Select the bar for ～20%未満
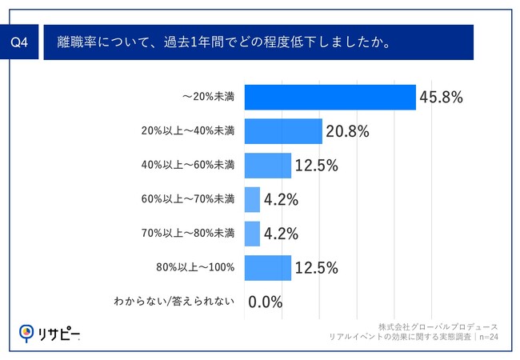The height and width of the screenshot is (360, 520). click(330, 97)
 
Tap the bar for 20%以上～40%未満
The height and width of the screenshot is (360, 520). click(282, 131)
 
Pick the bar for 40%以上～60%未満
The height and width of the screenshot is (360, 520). click(267, 165)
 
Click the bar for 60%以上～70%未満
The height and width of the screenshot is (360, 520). click(252, 199)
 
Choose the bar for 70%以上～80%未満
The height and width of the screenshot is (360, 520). click(252, 234)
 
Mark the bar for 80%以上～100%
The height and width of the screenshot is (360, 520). click(267, 267)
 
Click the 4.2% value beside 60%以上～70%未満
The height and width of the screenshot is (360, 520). click(281, 200)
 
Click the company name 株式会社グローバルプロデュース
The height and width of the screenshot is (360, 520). click(439, 328)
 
